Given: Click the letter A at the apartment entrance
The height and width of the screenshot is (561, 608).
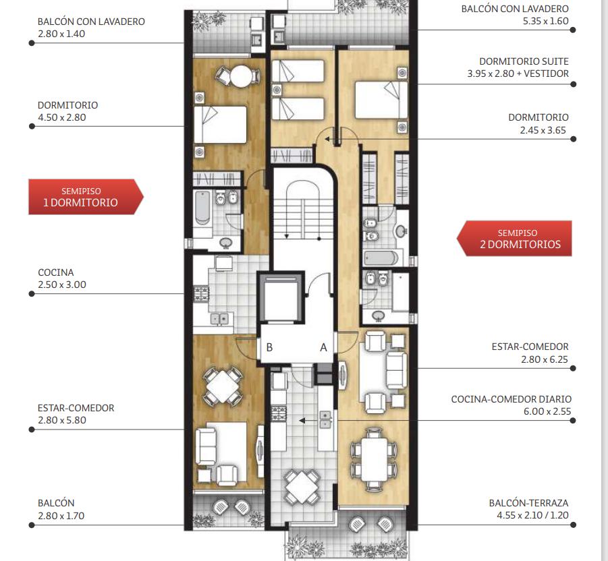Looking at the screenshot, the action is [x=323, y=348].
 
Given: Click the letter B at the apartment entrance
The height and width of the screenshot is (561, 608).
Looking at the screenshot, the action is [x=269, y=347].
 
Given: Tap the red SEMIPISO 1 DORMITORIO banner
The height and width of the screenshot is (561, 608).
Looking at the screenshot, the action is [x=86, y=197].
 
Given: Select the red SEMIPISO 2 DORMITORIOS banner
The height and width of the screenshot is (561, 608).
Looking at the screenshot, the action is [x=514, y=239].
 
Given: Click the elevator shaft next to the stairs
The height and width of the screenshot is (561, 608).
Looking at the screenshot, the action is [x=280, y=297].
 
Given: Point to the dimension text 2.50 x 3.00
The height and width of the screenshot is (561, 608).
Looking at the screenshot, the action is [x=62, y=285].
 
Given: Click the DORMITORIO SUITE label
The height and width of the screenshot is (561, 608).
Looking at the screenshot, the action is [x=524, y=61].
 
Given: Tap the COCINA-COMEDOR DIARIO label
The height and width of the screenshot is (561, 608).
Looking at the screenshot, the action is [x=511, y=399].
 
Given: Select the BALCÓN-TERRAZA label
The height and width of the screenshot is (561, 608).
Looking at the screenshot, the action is [x=528, y=503].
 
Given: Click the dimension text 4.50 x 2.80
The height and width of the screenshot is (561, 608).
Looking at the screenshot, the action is [x=61, y=117].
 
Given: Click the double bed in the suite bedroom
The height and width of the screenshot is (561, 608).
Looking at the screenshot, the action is [x=381, y=100].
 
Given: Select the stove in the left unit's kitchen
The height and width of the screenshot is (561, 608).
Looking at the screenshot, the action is [x=201, y=293].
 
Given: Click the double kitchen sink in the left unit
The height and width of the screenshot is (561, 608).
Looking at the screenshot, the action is [x=220, y=319].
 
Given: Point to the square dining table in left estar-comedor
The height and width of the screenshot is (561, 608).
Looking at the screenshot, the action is [x=223, y=386].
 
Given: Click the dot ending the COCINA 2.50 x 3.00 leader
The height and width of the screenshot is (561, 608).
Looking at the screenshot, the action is [x=32, y=294].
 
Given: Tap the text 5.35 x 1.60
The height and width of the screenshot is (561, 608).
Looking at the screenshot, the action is [x=545, y=22].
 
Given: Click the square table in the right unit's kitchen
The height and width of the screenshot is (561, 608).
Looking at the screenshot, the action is [x=302, y=487].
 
